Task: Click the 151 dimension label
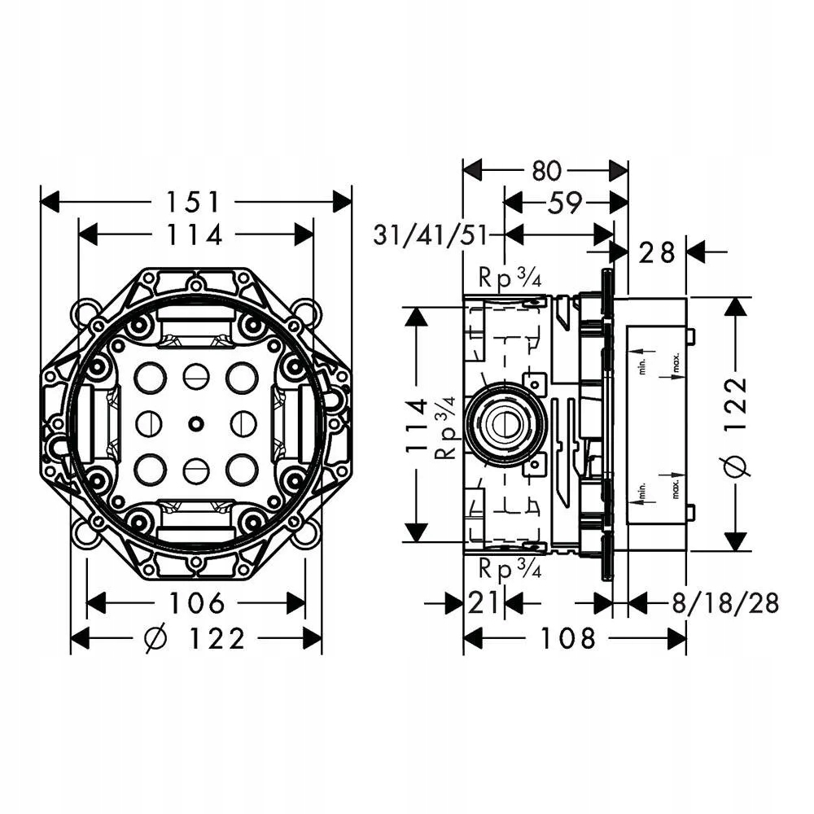click(193, 202)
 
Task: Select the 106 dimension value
click(197, 602)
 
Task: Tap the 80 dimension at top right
click(546, 171)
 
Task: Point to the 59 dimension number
click(565, 203)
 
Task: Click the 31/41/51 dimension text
click(431, 236)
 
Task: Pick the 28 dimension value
click(657, 253)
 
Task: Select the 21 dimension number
click(483, 603)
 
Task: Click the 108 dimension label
click(568, 638)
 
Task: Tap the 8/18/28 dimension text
click(725, 603)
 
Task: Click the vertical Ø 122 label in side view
click(736, 424)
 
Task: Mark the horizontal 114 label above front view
click(195, 234)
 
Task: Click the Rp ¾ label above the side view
click(510, 278)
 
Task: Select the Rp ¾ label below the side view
click(510, 570)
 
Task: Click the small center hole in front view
click(195, 423)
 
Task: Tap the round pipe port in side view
click(503, 423)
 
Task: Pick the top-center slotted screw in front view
click(195, 378)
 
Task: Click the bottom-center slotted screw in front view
click(195, 470)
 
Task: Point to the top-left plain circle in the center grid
click(150, 378)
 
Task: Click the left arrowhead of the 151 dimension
click(50, 202)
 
